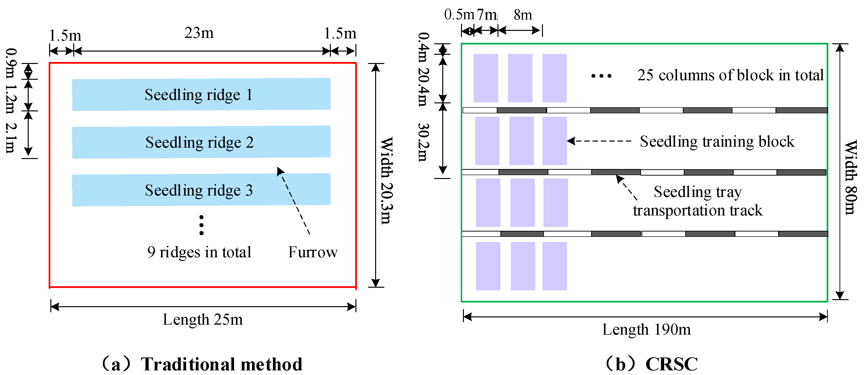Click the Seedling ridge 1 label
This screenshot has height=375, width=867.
coord(199,95)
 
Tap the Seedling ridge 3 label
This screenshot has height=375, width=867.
coord(199,190)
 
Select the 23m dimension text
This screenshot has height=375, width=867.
coord(199,33)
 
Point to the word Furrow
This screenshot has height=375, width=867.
coord(313,252)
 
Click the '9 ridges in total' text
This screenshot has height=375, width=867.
coord(199,252)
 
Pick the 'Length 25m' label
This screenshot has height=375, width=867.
coord(203,320)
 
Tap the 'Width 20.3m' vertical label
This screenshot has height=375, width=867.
coord(387,181)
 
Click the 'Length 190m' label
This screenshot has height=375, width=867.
coord(646,330)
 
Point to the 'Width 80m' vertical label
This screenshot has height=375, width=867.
coord(850,178)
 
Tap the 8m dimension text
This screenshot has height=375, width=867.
coord(523,15)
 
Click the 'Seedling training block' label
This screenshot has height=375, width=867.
coord(717,142)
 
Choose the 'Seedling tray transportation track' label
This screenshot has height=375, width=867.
coord(697,201)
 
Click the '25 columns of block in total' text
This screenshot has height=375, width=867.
coord(730,75)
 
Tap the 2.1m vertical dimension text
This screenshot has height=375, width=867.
coord(11,138)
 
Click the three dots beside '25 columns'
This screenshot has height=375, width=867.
coord(601,76)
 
